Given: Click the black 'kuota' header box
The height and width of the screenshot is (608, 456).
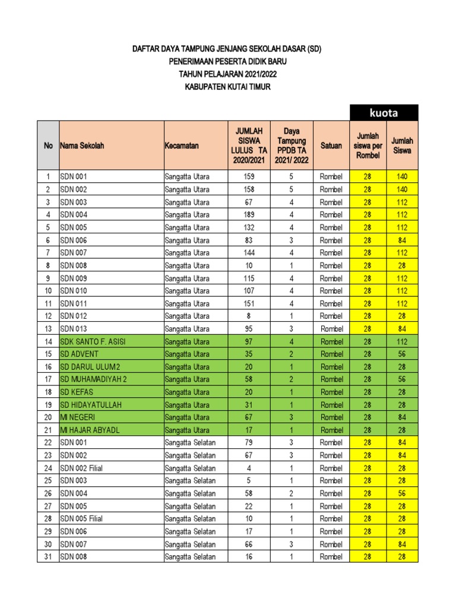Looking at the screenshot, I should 384,112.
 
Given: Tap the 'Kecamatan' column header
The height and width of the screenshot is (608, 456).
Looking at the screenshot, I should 182,145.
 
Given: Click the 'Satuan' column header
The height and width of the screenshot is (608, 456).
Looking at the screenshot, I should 331,145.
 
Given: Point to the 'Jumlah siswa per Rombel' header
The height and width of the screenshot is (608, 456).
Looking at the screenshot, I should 368,145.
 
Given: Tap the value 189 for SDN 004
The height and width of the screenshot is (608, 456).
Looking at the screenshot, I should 249,214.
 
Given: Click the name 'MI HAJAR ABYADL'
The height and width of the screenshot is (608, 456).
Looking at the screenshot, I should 90,430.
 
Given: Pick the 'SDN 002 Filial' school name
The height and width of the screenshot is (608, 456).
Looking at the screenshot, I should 81,468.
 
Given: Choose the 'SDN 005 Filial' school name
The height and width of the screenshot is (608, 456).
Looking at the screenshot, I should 81,518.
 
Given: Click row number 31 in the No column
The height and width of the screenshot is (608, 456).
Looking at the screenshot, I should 48,556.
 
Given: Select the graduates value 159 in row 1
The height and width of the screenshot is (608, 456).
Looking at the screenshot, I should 249,176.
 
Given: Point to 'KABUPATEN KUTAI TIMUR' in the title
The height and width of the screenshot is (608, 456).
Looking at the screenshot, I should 227,87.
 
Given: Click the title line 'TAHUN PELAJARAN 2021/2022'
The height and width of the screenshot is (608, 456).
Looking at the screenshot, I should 227,74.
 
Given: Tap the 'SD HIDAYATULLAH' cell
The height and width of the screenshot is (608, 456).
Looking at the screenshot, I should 89,405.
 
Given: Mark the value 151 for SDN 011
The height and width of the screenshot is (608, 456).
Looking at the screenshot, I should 249,303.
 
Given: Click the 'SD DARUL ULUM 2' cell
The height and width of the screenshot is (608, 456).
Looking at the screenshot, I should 90,367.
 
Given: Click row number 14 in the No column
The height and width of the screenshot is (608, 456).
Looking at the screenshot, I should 48,341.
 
